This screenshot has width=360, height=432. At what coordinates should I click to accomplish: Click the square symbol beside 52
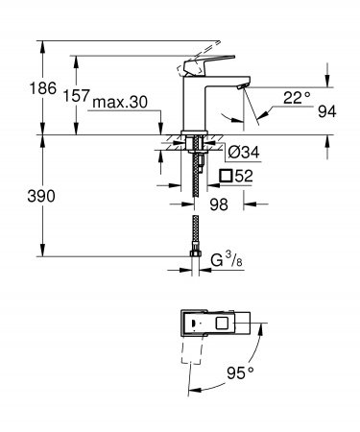pyautogui.click(x=227, y=175)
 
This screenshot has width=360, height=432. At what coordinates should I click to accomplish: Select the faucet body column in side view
pyautogui.click(x=194, y=106)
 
